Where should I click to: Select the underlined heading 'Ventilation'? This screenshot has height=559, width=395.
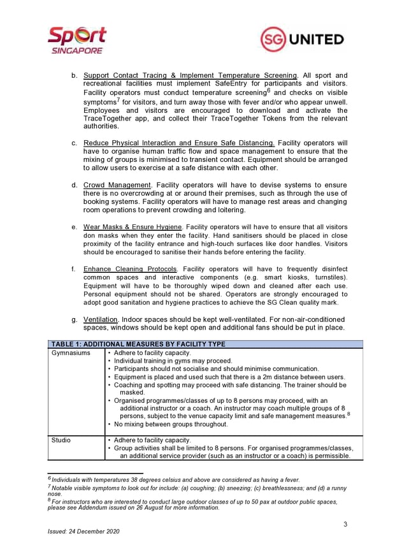click(x=101, y=319)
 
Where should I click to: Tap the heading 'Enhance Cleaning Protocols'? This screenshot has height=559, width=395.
click(x=130, y=269)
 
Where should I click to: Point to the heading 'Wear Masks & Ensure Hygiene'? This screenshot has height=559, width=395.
click(x=133, y=227)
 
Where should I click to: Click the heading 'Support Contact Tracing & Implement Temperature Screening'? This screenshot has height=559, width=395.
click(x=190, y=75)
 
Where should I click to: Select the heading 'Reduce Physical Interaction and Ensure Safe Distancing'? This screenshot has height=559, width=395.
click(x=179, y=143)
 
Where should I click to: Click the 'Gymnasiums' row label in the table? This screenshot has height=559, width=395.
click(x=71, y=353)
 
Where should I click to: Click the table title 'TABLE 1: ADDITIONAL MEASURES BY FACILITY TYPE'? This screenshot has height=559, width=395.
click(x=138, y=344)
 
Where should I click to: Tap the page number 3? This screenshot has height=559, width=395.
click(x=345, y=525)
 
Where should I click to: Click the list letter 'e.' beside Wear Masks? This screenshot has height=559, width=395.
click(x=75, y=227)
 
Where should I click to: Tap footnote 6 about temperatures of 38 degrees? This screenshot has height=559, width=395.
click(x=166, y=479)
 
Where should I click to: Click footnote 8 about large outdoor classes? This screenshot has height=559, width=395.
click(x=191, y=505)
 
